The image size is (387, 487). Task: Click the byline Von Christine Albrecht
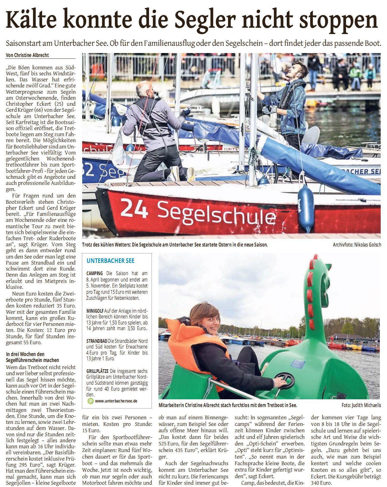[27, 55]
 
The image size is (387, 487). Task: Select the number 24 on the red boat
[134, 208]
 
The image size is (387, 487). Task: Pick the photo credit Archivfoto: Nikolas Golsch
[357, 245]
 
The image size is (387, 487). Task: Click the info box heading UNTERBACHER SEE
[110, 261]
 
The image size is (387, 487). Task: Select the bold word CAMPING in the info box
[95, 273]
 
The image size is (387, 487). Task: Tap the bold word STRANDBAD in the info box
[97, 341]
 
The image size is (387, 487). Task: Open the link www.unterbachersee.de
[116, 401]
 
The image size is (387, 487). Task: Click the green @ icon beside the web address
[90, 401]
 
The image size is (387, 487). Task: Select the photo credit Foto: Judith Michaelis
[361, 405]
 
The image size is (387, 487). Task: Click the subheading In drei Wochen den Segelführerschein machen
[32, 357]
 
